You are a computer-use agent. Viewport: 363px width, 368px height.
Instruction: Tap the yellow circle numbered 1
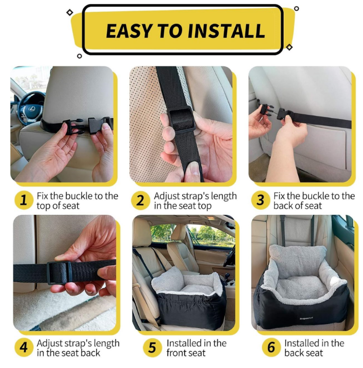pos(24,200)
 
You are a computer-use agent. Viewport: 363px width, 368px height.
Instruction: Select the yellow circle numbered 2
pos(140,200)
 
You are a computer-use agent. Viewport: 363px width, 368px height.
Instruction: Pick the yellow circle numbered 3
pos(260,200)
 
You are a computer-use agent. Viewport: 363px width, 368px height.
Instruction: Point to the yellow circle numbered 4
pos(24,348)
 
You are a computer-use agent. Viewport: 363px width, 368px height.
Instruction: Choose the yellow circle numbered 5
pos(152,348)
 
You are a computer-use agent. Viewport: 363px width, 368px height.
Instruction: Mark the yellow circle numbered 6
pos(271,348)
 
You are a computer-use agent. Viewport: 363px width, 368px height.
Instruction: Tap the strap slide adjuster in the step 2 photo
pos(181,119)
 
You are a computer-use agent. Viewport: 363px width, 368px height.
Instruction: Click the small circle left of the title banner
pos(79,56)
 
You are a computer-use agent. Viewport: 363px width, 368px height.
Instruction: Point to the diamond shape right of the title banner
pos(289,47)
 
